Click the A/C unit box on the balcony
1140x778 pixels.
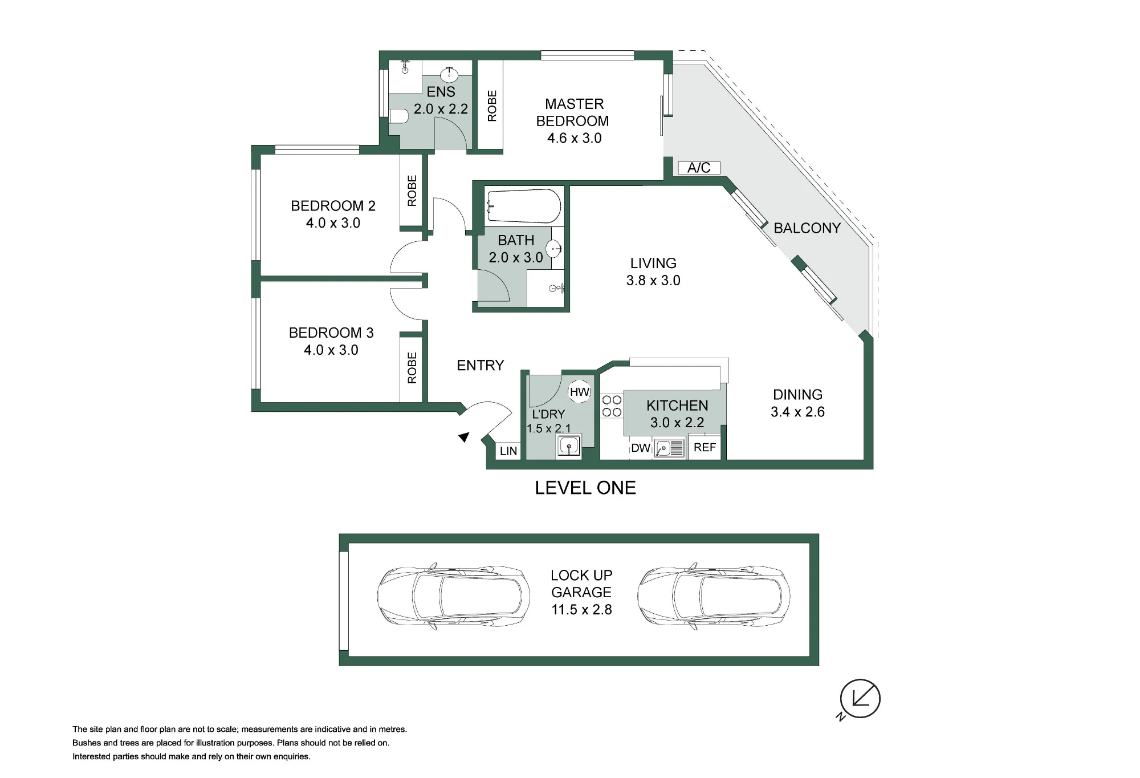(699, 168)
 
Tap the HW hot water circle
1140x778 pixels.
(580, 392)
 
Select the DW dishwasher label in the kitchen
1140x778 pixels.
(641, 448)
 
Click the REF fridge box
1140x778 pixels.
(705, 448)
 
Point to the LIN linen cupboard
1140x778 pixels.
(508, 451)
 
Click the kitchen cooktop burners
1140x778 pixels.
(612, 406)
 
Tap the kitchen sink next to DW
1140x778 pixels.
(669, 448)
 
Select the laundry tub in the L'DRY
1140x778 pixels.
(569, 446)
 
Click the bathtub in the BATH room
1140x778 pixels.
(524, 206)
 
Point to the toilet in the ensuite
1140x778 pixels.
(399, 117)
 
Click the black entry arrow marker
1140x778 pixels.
(464, 437)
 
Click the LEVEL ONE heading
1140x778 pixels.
(585, 488)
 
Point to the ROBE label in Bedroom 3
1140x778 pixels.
(412, 368)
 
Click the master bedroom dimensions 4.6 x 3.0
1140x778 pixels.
(574, 138)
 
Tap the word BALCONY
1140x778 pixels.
(807, 228)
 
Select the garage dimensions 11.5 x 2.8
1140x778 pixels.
(581, 609)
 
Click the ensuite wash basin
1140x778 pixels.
(449, 75)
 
